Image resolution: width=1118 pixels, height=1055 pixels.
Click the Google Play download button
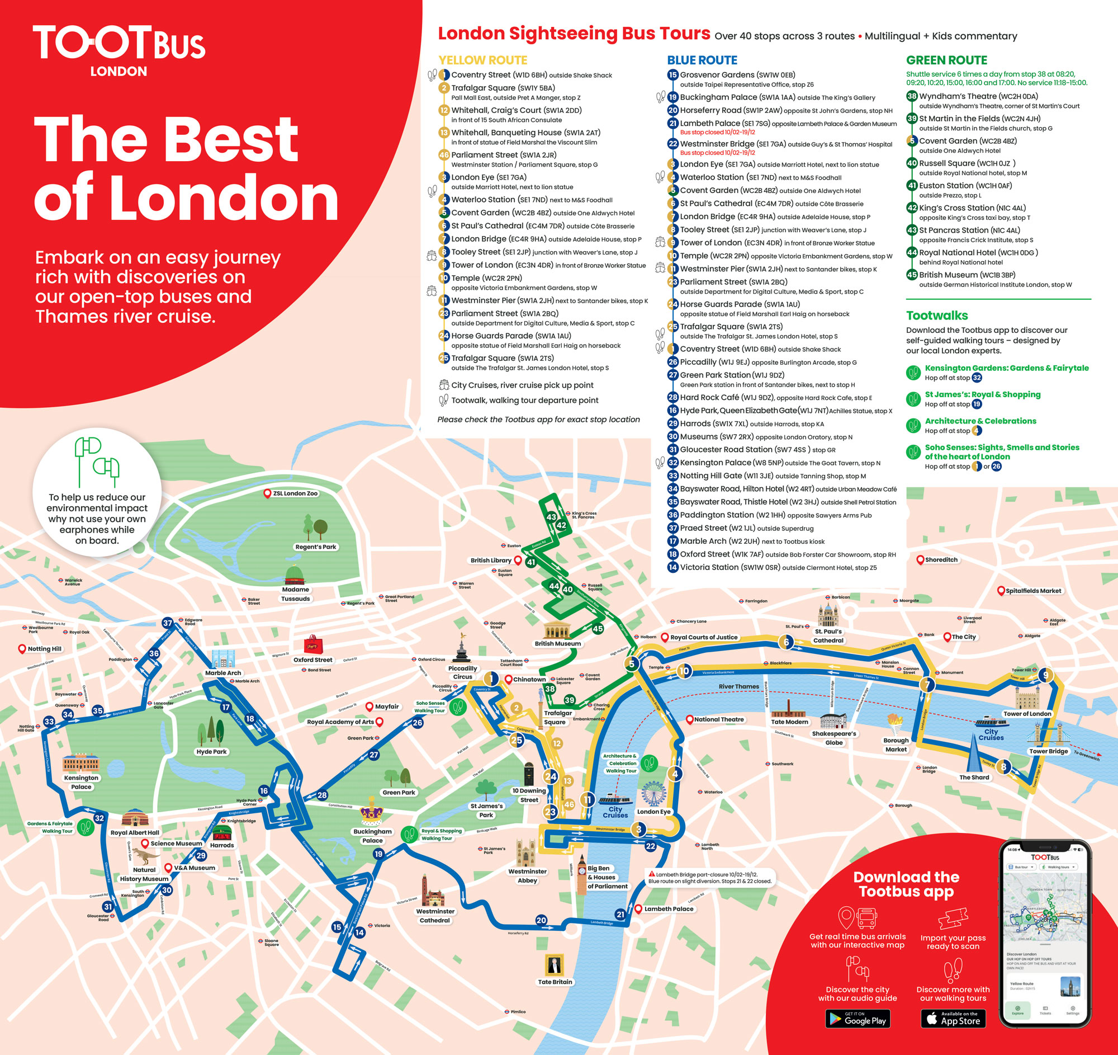(858, 1019)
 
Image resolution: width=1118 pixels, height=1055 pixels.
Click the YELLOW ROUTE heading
(482, 60)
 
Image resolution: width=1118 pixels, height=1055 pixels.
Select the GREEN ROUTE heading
(946, 60)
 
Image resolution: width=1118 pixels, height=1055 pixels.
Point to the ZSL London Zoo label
(295, 493)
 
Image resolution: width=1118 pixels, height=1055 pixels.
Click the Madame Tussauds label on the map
(295, 594)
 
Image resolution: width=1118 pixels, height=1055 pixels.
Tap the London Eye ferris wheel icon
(653, 793)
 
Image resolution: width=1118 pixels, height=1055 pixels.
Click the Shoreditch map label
(941, 560)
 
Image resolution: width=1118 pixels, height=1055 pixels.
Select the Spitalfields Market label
(1032, 591)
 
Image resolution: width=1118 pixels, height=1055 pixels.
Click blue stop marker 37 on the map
(168, 623)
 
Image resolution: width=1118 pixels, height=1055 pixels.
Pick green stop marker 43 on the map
(551, 516)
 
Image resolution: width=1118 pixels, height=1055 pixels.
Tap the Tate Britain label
(555, 982)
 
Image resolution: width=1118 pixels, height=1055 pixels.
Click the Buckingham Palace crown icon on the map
(371, 812)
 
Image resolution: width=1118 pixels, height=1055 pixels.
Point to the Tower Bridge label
(1048, 751)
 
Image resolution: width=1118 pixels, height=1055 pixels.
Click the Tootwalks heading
(937, 315)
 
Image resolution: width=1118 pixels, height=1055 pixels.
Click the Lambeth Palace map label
(668, 908)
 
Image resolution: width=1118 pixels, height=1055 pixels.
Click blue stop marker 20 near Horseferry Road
(541, 921)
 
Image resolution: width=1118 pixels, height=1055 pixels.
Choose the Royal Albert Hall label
(134, 833)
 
